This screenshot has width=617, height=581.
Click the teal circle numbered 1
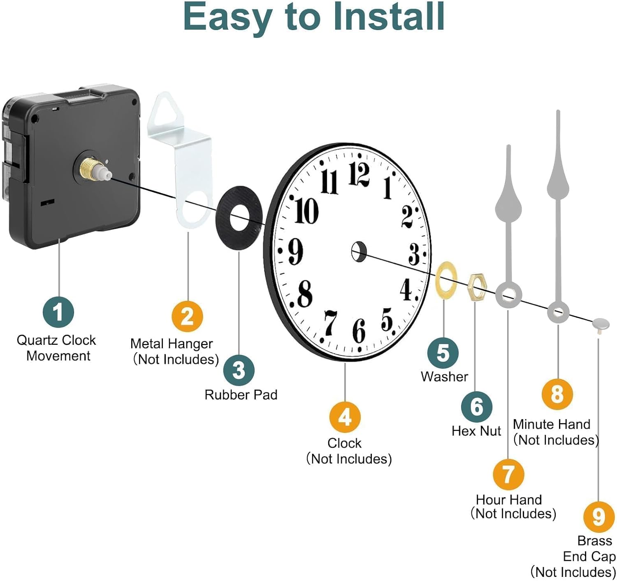[58, 311]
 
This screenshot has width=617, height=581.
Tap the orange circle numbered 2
[187, 316]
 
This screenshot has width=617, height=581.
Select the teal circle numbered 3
[239, 370]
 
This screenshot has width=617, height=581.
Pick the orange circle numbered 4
[345, 417]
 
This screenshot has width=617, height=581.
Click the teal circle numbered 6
[477, 407]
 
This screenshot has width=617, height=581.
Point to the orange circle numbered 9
[599, 517]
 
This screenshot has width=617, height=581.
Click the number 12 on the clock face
[359, 174]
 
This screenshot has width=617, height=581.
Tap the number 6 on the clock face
[359, 331]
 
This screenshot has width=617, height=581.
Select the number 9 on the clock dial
[295, 251]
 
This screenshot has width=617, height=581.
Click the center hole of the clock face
[359, 251]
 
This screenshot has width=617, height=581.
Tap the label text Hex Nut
[476, 431]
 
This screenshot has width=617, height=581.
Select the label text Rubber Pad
[241, 395]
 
